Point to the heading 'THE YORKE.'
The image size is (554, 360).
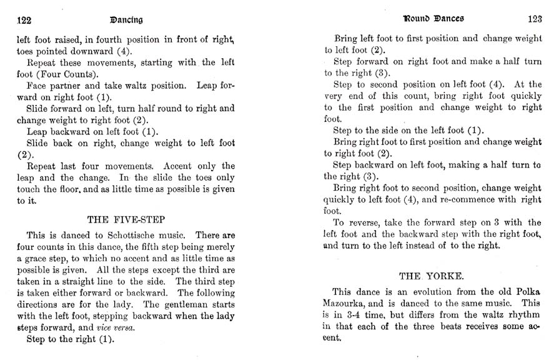point(429,275)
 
